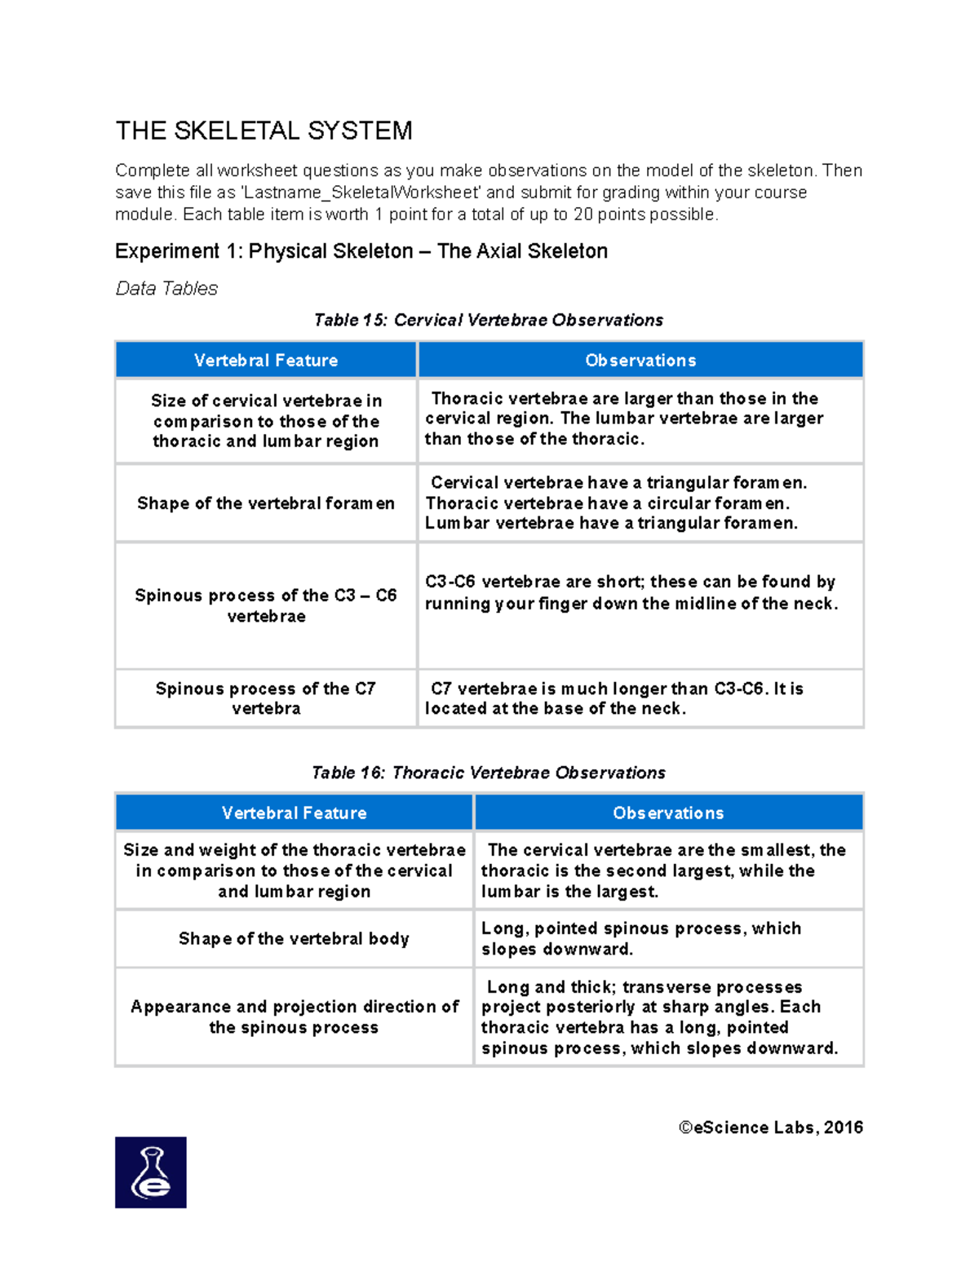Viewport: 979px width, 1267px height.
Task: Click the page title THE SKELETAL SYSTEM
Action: [x=264, y=131]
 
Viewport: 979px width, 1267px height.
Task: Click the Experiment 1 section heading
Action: [x=361, y=251]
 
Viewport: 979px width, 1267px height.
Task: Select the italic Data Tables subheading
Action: [x=166, y=289]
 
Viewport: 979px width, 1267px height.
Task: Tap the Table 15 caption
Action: [x=488, y=321]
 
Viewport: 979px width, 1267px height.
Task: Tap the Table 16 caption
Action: [x=488, y=773]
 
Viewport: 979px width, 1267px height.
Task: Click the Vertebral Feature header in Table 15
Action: [x=266, y=361]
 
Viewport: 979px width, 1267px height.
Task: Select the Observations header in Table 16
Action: [x=667, y=813]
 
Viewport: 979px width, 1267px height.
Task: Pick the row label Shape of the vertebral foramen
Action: [x=266, y=503]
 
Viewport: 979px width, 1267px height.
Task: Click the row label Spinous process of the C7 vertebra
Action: [x=266, y=698]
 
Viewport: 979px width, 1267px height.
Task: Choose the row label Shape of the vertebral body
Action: [x=294, y=939]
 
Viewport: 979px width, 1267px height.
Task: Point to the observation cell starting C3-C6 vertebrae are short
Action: [x=631, y=593]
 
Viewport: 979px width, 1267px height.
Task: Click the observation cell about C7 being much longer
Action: [x=616, y=698]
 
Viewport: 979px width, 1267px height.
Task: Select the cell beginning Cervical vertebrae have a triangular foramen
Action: [x=616, y=503]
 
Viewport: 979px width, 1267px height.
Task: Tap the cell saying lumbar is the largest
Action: [x=662, y=871]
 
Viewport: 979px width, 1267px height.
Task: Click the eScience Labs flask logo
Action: [x=151, y=1172]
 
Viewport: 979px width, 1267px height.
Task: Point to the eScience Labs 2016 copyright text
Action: [x=770, y=1127]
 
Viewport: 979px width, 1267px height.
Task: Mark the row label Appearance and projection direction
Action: [x=294, y=1017]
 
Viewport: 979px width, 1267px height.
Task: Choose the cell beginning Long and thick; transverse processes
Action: [x=659, y=1017]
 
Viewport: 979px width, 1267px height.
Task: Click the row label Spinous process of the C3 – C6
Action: [x=266, y=605]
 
